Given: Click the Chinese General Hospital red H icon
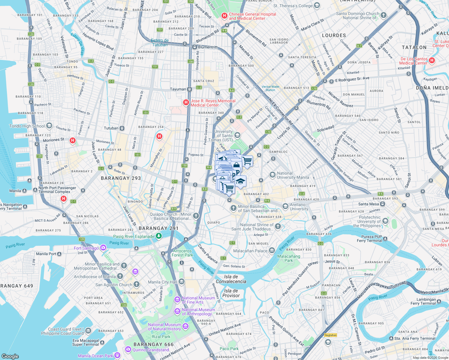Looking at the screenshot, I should [224, 16].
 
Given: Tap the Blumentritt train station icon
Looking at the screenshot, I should [194, 47].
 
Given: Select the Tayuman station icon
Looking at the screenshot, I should [189, 89].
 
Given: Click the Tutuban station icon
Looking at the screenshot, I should [122, 128].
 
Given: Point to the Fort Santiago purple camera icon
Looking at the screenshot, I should [103, 247].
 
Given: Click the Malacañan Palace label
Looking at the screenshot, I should [250, 251].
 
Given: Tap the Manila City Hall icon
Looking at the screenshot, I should [182, 281].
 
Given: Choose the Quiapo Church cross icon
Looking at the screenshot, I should [196, 215].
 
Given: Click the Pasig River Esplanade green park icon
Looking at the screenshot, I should [159, 236].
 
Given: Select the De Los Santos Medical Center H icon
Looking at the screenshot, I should [432, 60].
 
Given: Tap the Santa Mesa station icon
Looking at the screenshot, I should [383, 204].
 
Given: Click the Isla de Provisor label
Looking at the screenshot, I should [231, 293].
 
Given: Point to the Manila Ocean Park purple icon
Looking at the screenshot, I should [117, 355].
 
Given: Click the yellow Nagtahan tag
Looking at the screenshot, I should [330, 335].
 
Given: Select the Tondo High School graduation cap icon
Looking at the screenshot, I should [49, 126].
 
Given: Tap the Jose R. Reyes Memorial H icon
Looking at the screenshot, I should [186, 103].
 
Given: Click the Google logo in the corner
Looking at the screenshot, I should [10, 356].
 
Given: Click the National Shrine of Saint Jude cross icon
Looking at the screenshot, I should [278, 226].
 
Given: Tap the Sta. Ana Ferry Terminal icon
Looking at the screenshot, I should [391, 338].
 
